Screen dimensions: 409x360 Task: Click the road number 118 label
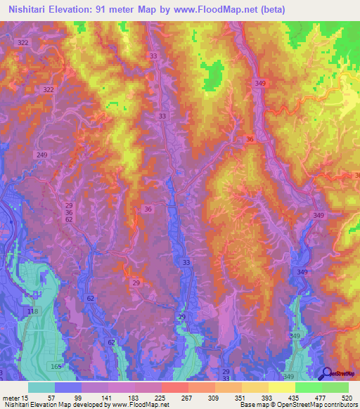tap(32, 311)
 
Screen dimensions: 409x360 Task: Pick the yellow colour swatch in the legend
tap(281, 387)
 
